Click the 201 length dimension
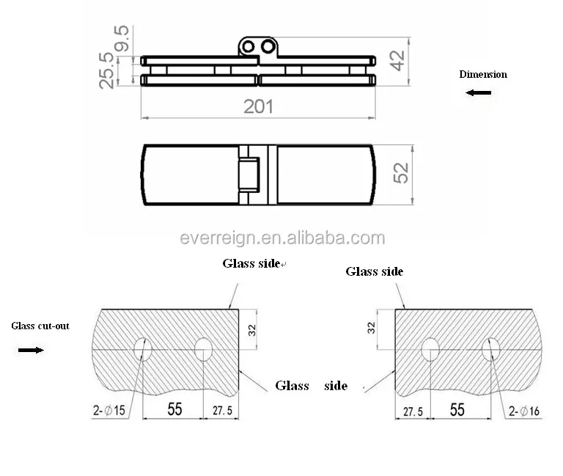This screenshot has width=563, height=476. pos(258,106)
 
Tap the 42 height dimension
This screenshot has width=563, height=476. pos(397,61)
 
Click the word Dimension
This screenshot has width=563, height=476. pos(482,74)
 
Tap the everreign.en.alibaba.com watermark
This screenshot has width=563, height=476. pos(282,238)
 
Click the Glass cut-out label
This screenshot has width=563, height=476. pos(40,326)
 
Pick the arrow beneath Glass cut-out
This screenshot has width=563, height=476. pos(30,350)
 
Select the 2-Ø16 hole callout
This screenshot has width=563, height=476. pos(523,411)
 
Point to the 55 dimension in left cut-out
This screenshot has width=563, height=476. pos(174,409)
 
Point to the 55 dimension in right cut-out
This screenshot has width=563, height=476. pos(457,409)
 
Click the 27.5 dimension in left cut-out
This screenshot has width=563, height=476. pos(221,411)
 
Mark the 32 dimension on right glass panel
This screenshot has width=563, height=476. pos(370,326)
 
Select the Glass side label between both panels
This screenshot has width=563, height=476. pos(311,386)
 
